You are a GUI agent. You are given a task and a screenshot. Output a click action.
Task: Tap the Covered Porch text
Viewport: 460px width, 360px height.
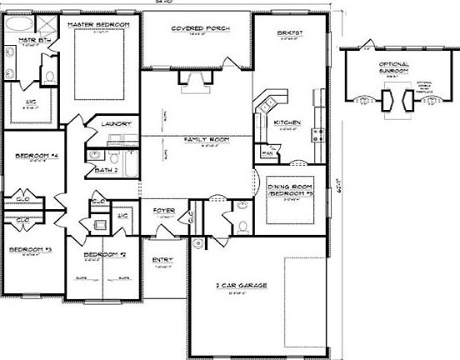[200, 27]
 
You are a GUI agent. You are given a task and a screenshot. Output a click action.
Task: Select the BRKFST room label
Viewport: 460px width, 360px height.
[289, 32]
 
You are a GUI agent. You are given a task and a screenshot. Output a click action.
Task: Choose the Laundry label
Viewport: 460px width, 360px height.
[117, 124]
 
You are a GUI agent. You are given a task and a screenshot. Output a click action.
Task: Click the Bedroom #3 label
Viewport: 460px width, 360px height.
[30, 249]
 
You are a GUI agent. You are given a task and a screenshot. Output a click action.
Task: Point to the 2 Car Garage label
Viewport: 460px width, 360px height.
[242, 286]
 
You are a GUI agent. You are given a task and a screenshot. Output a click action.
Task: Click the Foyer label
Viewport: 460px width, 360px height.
[163, 211]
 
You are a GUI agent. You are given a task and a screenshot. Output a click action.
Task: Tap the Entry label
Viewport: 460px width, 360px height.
[162, 260]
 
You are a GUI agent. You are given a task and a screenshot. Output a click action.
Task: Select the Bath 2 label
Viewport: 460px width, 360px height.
[106, 169]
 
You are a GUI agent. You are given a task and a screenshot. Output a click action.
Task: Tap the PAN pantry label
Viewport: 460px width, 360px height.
[267, 153]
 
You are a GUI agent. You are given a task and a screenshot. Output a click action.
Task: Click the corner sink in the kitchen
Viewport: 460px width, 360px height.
[268, 105]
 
